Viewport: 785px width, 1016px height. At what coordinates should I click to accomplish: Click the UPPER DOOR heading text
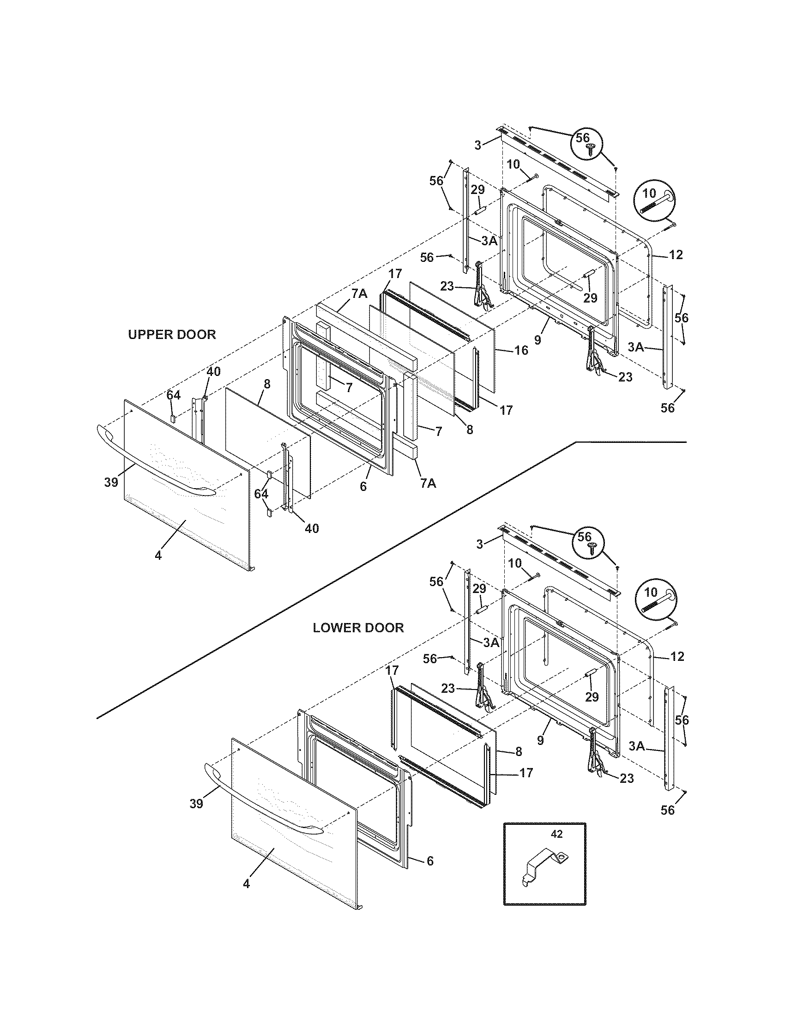coord(172,334)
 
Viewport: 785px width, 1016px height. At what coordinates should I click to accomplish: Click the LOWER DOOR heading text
coord(358,628)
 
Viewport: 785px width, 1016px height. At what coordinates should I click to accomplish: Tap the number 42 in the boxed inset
coord(556,834)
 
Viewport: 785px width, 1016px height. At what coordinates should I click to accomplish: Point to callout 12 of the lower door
coord(677,656)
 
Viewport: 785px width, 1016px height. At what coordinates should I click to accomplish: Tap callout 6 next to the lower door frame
coord(430,861)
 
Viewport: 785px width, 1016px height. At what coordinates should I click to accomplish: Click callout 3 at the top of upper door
coord(477,145)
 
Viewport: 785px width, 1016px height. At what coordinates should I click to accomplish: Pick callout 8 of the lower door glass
coord(519,751)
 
